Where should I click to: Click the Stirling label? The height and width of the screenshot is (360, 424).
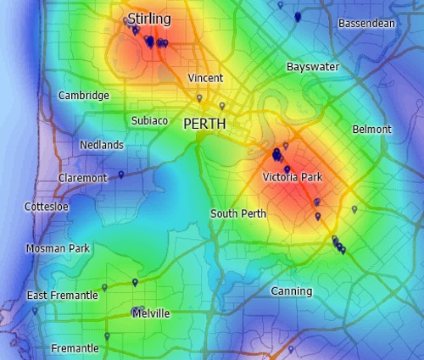(x=149, y=19)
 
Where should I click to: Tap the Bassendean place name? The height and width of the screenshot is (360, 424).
(x=366, y=24)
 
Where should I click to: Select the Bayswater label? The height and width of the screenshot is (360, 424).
(x=313, y=66)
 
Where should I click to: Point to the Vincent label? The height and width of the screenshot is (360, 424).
(x=205, y=78)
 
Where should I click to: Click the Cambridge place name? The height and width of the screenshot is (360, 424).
(x=83, y=96)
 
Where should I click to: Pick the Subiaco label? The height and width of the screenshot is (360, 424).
(x=149, y=121)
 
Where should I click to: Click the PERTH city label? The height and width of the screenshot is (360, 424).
(x=204, y=124)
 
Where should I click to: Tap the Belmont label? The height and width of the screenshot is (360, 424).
(x=372, y=129)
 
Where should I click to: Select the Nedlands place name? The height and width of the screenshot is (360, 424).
(x=102, y=145)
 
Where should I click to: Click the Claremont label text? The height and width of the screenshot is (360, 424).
(x=82, y=178)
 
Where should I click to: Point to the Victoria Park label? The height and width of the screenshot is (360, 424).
(x=293, y=177)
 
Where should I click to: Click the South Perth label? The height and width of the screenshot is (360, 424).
(x=238, y=213)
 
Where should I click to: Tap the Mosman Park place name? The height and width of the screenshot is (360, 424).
(x=58, y=249)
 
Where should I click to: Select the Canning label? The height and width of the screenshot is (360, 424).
(x=292, y=291)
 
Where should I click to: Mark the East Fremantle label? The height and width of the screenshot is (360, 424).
(x=62, y=296)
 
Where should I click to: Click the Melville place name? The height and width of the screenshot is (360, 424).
(x=151, y=313)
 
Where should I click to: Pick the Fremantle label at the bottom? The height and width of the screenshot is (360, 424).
(x=75, y=348)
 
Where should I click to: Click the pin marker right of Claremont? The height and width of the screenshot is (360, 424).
(x=121, y=174)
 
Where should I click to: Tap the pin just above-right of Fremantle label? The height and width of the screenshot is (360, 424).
(x=107, y=336)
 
